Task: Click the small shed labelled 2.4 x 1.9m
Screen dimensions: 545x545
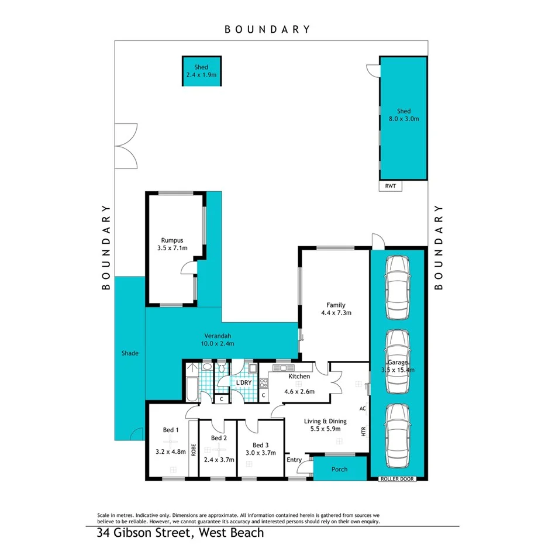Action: click(201, 71)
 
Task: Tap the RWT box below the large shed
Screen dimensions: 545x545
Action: click(390, 187)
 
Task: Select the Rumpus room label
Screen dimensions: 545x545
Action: click(173, 240)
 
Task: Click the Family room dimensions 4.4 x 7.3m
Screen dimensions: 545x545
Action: click(336, 313)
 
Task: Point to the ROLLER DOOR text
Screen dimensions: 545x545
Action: click(396, 478)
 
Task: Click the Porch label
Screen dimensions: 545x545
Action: click(339, 469)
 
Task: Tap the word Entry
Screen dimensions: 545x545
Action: click(294, 460)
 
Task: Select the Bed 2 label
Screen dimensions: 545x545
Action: click(218, 438)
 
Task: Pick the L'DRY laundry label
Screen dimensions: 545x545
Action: click(243, 383)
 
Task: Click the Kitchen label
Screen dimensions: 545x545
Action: click(298, 376)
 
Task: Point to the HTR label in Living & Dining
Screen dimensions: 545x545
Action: click(363, 433)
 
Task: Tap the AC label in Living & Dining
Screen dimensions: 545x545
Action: click(363, 408)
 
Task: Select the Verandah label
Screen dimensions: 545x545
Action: click(218, 336)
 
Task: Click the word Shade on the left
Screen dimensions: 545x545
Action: click(129, 353)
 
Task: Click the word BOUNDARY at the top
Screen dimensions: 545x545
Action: click(267, 29)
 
